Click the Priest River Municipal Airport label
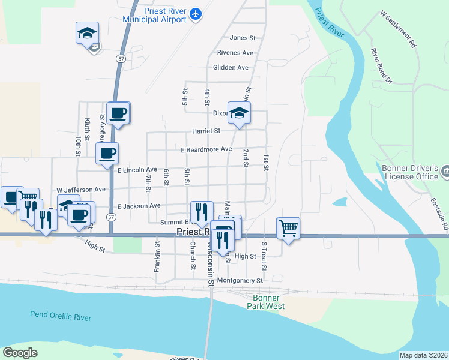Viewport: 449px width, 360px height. coord(155,15)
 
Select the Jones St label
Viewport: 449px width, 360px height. coord(243,38)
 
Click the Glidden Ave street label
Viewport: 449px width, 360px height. coord(231,68)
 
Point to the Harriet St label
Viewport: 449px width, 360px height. coord(206,130)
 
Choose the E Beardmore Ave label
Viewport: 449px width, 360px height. coord(206,149)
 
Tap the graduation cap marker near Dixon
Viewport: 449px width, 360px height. coord(239,113)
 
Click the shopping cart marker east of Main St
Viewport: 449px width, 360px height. coord(288,228)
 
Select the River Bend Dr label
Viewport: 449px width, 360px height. coord(381,65)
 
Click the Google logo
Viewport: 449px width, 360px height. coord(20,353)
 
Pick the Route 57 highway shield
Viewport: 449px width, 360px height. coord(121,58)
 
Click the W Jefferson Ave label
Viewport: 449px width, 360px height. coord(82,189)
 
